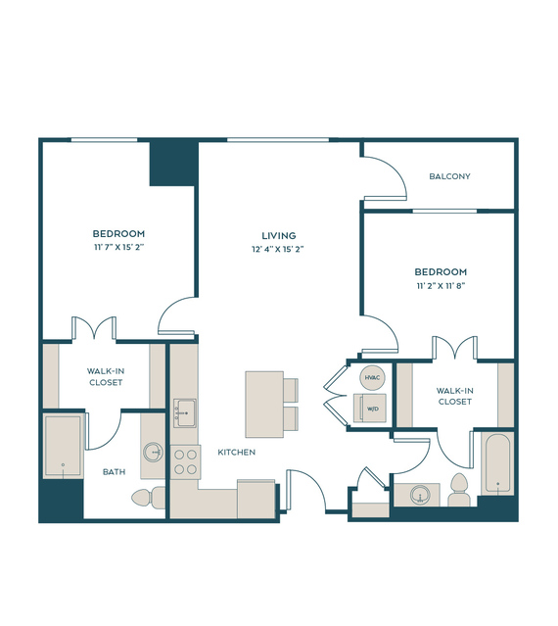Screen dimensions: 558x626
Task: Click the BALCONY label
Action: click(449, 176)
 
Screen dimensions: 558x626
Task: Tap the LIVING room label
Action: click(279, 235)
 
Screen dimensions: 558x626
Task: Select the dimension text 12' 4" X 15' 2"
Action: click(278, 249)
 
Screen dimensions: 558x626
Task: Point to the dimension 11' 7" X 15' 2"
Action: click(118, 247)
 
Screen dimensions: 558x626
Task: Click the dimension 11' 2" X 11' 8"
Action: click(442, 286)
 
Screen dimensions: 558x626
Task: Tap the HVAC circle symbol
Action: click(373, 377)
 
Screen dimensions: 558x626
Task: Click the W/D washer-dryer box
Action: click(370, 408)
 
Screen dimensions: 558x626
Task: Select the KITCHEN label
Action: click(237, 452)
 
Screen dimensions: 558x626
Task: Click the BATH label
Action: click(115, 472)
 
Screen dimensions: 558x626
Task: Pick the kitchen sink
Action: click(185, 413)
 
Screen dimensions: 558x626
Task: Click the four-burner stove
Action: click(186, 462)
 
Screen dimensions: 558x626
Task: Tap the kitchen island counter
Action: click(264, 405)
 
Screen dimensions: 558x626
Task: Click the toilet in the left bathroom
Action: click(149, 498)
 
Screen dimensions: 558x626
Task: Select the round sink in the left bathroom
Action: click(153, 453)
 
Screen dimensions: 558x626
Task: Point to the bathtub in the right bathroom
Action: click(497, 464)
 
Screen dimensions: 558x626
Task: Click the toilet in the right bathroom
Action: click(459, 490)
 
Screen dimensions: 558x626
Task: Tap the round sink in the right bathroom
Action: click(420, 495)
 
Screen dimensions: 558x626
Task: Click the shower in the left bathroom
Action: click(63, 446)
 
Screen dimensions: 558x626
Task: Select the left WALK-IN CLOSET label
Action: click(106, 376)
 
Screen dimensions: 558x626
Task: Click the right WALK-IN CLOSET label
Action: click(454, 396)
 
